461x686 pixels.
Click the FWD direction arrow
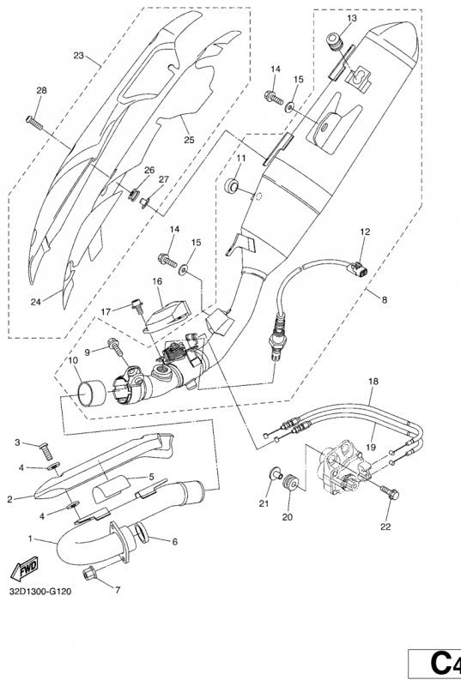pos(25,567)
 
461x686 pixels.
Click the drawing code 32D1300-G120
pos(39,592)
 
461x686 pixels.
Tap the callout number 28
pos(41,91)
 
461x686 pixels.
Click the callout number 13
pos(352,18)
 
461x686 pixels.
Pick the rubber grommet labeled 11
pos(230,184)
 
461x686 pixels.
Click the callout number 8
pos(385,299)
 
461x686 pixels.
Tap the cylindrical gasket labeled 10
pos(92,391)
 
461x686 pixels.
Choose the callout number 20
pos(287,517)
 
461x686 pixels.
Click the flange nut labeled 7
pos(90,573)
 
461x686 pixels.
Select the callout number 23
pos(79,56)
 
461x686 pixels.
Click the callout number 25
pos(189,140)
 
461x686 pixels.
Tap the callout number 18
pos(373,381)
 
